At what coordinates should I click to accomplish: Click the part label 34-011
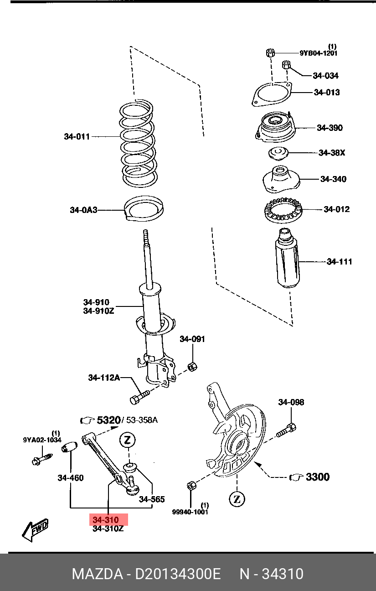coord(77,137)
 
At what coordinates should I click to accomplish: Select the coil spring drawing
coord(138,144)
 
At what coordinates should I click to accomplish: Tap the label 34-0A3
coord(83,210)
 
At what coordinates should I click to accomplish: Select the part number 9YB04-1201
coord(319,53)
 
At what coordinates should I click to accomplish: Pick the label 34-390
coord(330,128)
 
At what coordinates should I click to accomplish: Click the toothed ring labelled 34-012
coord(283,210)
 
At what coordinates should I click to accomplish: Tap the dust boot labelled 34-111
coord(288,258)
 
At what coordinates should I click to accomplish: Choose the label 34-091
coord(192,339)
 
